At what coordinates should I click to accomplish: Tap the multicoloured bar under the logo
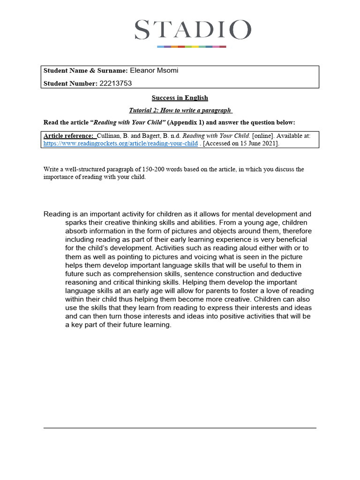pos(191,46)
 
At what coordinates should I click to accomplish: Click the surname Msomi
pos(168,71)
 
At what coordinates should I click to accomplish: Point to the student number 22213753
pos(116,83)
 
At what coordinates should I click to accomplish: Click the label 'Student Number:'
pos(70,83)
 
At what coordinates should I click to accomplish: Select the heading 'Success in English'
pos(180,98)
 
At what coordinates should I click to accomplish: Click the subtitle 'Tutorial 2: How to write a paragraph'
pos(180,110)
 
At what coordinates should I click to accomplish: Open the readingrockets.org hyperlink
pos(120,143)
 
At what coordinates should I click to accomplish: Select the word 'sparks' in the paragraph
pos(76,222)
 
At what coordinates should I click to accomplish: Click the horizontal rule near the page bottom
pos(180,427)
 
